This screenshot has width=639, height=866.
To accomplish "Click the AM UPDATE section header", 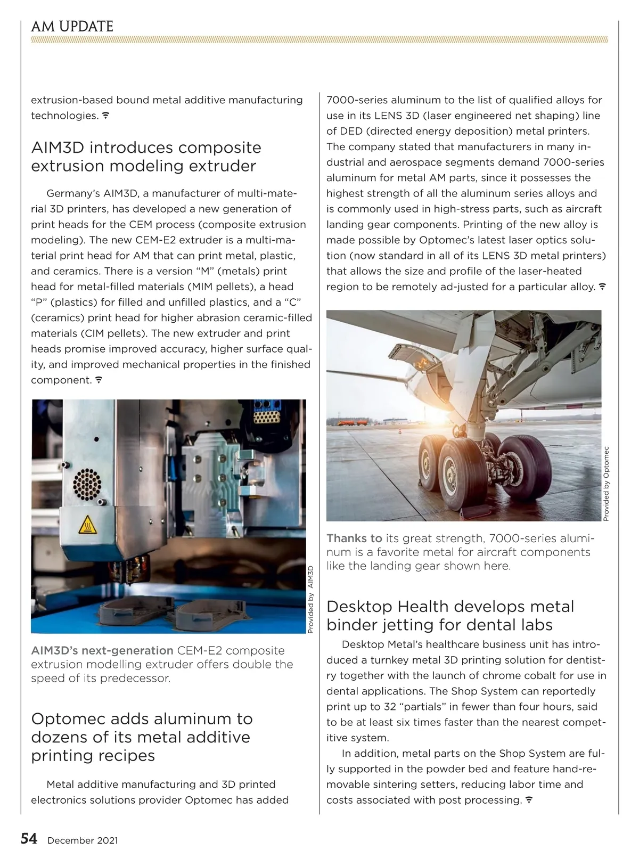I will point(72,27).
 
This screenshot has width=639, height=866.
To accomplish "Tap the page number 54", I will point(29,839).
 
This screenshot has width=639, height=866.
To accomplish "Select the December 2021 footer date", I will point(83,840).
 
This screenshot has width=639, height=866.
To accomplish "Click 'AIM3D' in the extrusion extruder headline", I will point(57,148).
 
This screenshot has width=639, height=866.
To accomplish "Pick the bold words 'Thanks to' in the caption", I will point(354,538).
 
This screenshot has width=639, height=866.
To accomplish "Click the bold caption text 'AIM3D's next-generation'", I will point(102,650).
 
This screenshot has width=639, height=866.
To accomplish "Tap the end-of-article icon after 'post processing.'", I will point(529,800).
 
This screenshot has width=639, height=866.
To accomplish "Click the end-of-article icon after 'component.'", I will point(99,380).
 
